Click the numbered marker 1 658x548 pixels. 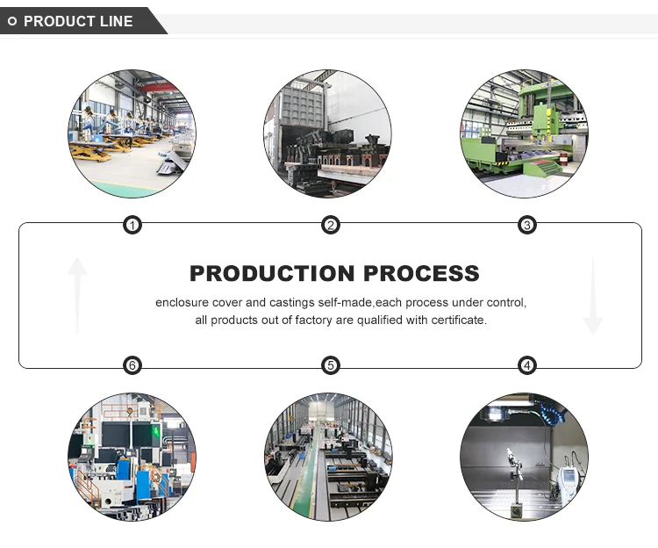(132, 226)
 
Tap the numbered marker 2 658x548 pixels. (330, 226)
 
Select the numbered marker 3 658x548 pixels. (527, 226)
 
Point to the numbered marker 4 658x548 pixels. (527, 365)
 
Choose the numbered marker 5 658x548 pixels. (330, 365)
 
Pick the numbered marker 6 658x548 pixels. (132, 365)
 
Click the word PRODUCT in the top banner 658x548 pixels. (59, 21)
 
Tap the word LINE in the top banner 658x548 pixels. (117, 21)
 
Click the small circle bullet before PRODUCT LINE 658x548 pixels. (12, 21)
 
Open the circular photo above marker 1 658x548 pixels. (132, 133)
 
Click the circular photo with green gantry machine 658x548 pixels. (525, 133)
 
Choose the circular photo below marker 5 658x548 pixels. (328, 457)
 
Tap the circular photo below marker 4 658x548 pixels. (524, 457)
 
